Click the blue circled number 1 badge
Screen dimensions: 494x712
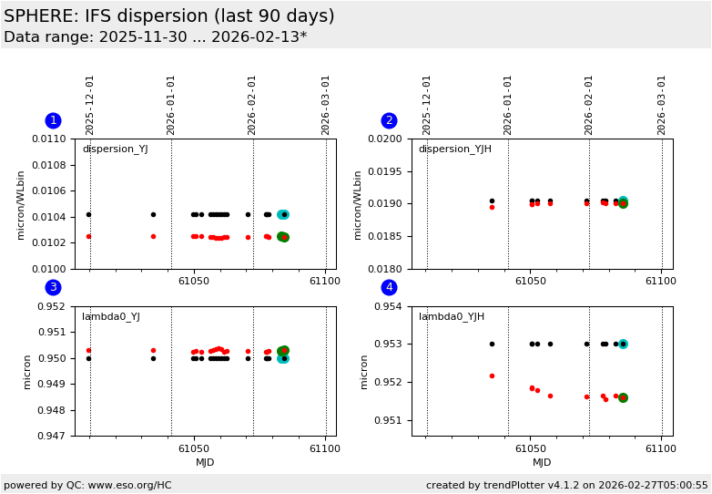click(53, 120)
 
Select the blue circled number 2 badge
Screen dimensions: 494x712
click(389, 120)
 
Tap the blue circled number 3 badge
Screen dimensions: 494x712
click(53, 287)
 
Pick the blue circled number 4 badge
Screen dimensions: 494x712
click(389, 287)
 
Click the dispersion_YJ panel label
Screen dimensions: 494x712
click(115, 149)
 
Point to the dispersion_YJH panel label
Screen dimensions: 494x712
click(454, 149)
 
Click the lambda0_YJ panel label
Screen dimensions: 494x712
click(111, 317)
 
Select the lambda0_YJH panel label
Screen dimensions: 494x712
click(451, 317)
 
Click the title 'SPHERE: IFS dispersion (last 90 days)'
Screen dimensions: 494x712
click(169, 16)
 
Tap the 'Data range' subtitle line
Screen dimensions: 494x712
click(155, 37)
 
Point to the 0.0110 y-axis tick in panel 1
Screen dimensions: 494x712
click(51, 139)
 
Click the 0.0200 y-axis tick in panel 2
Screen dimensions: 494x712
click(388, 139)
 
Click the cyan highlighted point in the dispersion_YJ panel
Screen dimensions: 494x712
click(283, 214)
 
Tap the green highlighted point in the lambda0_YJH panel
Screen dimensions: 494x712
click(623, 397)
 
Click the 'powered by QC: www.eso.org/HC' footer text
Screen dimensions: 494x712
click(87, 485)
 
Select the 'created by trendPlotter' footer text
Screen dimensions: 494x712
click(566, 485)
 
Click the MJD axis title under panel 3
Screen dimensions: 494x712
click(205, 463)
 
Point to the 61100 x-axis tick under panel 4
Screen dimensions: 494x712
click(660, 448)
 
